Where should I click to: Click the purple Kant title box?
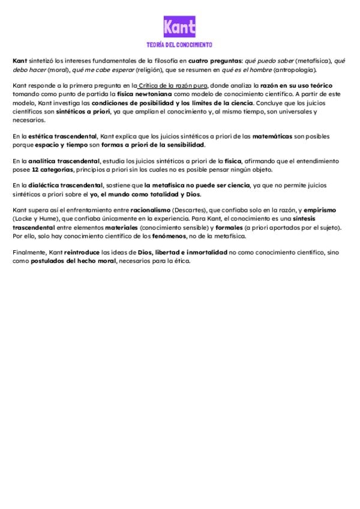(180, 27)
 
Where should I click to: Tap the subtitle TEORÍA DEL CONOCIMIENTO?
(180, 45)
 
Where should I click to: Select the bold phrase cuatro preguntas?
(212, 61)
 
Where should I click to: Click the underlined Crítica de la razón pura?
(173, 86)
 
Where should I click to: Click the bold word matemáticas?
(272, 137)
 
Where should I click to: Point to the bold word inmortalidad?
(205, 253)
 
